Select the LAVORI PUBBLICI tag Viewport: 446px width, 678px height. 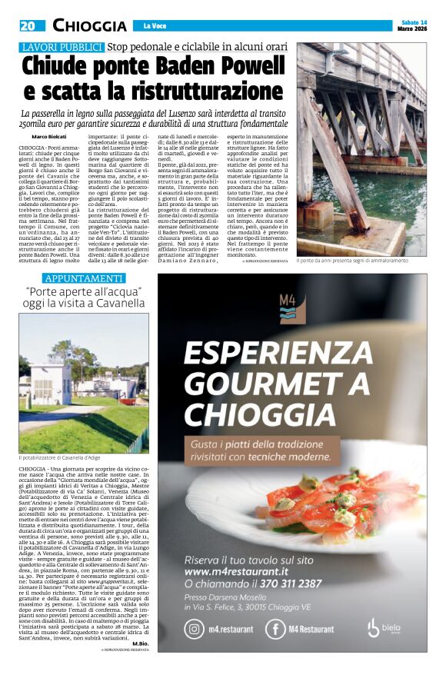point(62,48)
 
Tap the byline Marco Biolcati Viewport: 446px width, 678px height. point(48,138)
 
